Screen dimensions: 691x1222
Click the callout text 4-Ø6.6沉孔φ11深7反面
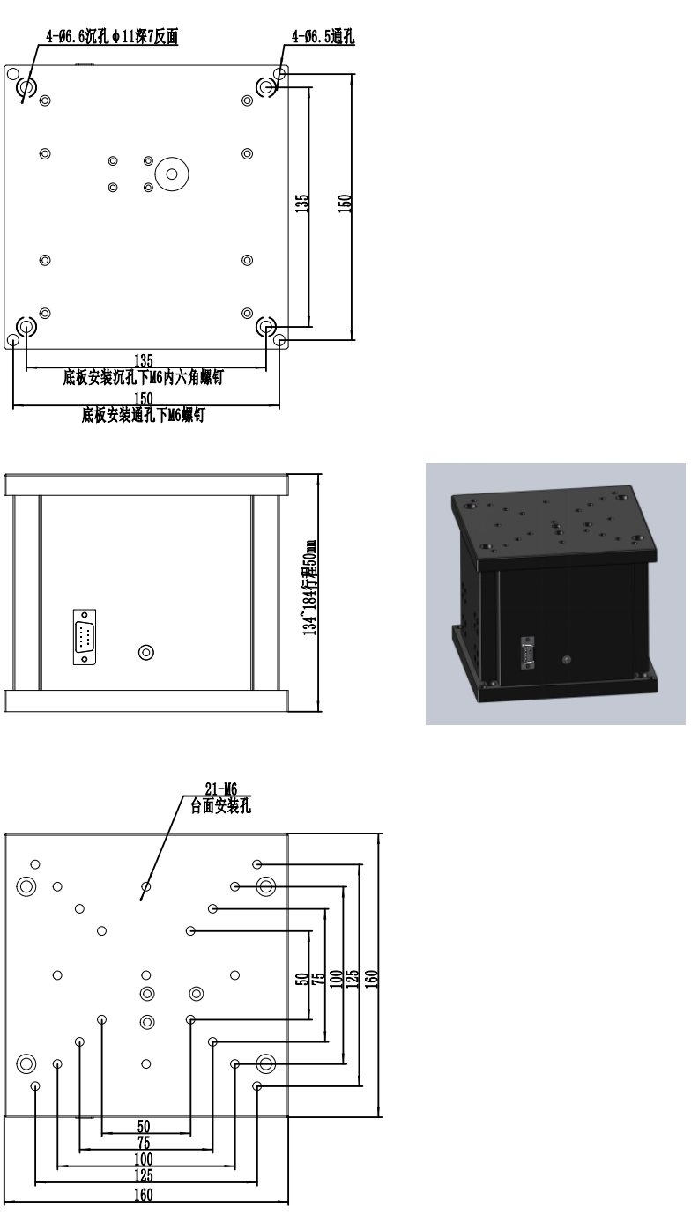coord(112,36)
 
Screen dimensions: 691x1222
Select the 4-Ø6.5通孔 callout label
coord(323,36)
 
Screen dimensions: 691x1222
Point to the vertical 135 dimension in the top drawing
coord(301,204)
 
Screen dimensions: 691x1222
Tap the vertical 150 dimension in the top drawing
coord(345,204)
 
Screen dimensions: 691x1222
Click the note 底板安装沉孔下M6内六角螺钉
coord(143,377)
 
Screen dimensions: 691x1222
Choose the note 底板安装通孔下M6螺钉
coord(143,415)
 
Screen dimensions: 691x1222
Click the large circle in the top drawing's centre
coord(172,174)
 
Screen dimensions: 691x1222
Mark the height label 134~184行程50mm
coord(309,588)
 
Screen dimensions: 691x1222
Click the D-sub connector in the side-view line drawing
coord(85,637)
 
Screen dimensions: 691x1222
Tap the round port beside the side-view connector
coord(145,652)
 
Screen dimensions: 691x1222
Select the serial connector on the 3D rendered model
coord(527,653)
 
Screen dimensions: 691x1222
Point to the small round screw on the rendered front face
coord(567,660)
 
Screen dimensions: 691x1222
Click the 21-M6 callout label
coord(221,789)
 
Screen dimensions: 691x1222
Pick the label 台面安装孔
coord(220,806)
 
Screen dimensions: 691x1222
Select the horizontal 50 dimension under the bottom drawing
coord(144,1127)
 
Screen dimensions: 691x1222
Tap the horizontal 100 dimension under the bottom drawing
coord(144,1159)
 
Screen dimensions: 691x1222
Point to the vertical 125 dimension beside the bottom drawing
coord(353,978)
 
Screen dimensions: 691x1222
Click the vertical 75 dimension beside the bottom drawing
coord(318,978)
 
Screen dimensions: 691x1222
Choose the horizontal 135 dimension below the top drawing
coord(144,360)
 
